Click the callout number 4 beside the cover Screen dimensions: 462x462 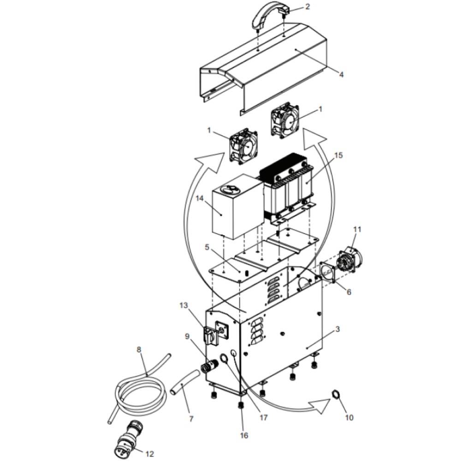pyautogui.click(x=342, y=75)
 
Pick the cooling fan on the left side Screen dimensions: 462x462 pyautogui.click(x=243, y=146)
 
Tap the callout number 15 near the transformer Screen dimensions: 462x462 pyautogui.click(x=339, y=155)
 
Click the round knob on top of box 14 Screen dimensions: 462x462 pyautogui.click(x=231, y=190)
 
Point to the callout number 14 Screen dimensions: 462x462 pyautogui.click(x=200, y=198)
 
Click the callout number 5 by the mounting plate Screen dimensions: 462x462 pyautogui.click(x=207, y=247)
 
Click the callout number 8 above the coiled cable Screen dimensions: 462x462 pyautogui.click(x=139, y=350)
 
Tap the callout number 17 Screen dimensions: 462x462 pyautogui.click(x=263, y=417)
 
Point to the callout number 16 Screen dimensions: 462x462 pyautogui.click(x=244, y=435)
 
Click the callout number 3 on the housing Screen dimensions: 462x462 pyautogui.click(x=338, y=329)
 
